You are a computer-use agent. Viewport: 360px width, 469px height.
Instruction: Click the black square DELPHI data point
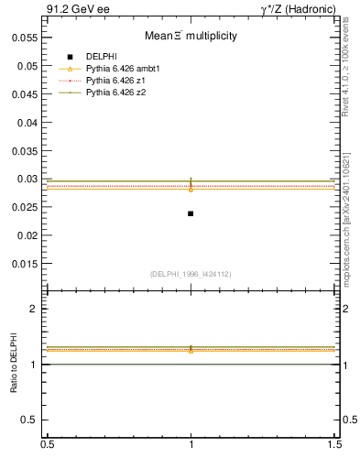pos(191,213)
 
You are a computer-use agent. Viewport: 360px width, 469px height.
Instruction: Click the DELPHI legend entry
pos(100,57)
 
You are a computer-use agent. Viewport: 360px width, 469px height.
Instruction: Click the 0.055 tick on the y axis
pos(26,38)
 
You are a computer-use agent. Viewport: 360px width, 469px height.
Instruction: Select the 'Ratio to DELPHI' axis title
pos(14,363)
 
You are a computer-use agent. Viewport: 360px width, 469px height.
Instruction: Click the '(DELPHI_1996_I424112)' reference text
pos(190,272)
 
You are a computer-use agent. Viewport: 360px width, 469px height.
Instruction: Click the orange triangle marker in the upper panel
pos(191,189)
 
